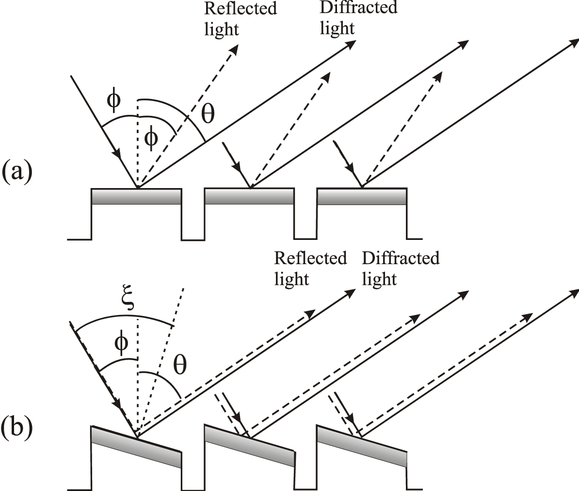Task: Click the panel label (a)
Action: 17,173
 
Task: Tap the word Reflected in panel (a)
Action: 241,8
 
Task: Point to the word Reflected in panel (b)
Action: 310,258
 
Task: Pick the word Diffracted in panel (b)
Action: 401,258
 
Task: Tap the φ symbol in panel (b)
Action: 121,343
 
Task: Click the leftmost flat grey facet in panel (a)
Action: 136,196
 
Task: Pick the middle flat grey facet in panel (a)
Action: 249,196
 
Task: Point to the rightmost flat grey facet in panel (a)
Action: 361,196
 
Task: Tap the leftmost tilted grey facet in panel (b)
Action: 136,446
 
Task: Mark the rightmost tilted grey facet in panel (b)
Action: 361,446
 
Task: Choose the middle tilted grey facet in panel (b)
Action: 249,446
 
